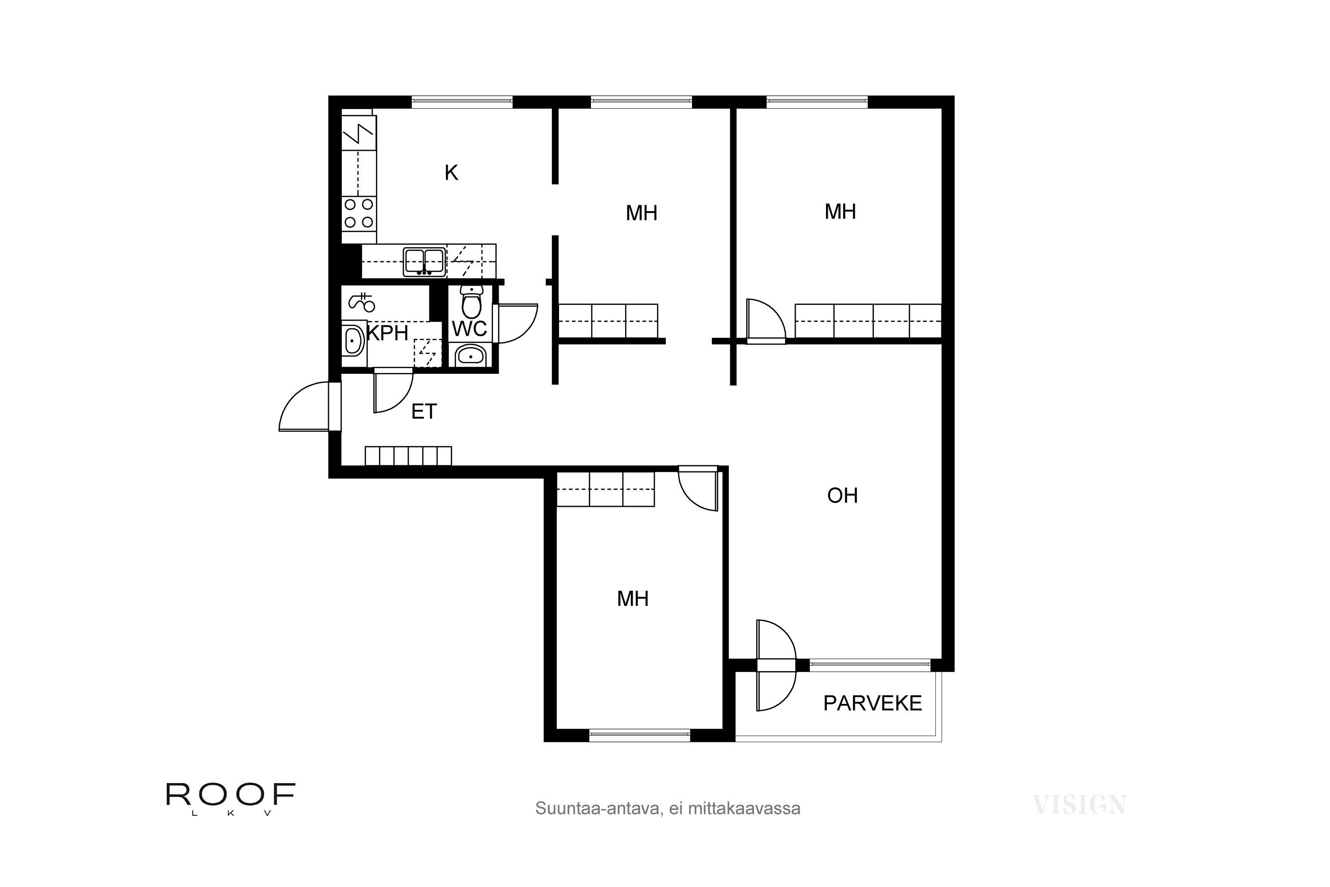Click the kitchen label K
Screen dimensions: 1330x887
[451, 173]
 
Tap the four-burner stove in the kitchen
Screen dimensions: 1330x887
[359, 213]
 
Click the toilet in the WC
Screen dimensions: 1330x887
[471, 302]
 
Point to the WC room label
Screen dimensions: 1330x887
[469, 329]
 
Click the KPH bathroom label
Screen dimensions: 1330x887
[388, 333]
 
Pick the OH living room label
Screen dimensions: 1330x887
[843, 495]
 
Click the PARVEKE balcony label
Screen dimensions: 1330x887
[872, 703]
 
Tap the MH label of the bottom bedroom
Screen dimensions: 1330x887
[633, 598]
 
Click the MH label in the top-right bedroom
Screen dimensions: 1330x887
[840, 212]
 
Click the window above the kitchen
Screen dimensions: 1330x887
[462, 102]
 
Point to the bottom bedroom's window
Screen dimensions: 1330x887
[640, 735]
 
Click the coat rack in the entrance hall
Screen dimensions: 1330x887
[408, 456]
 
